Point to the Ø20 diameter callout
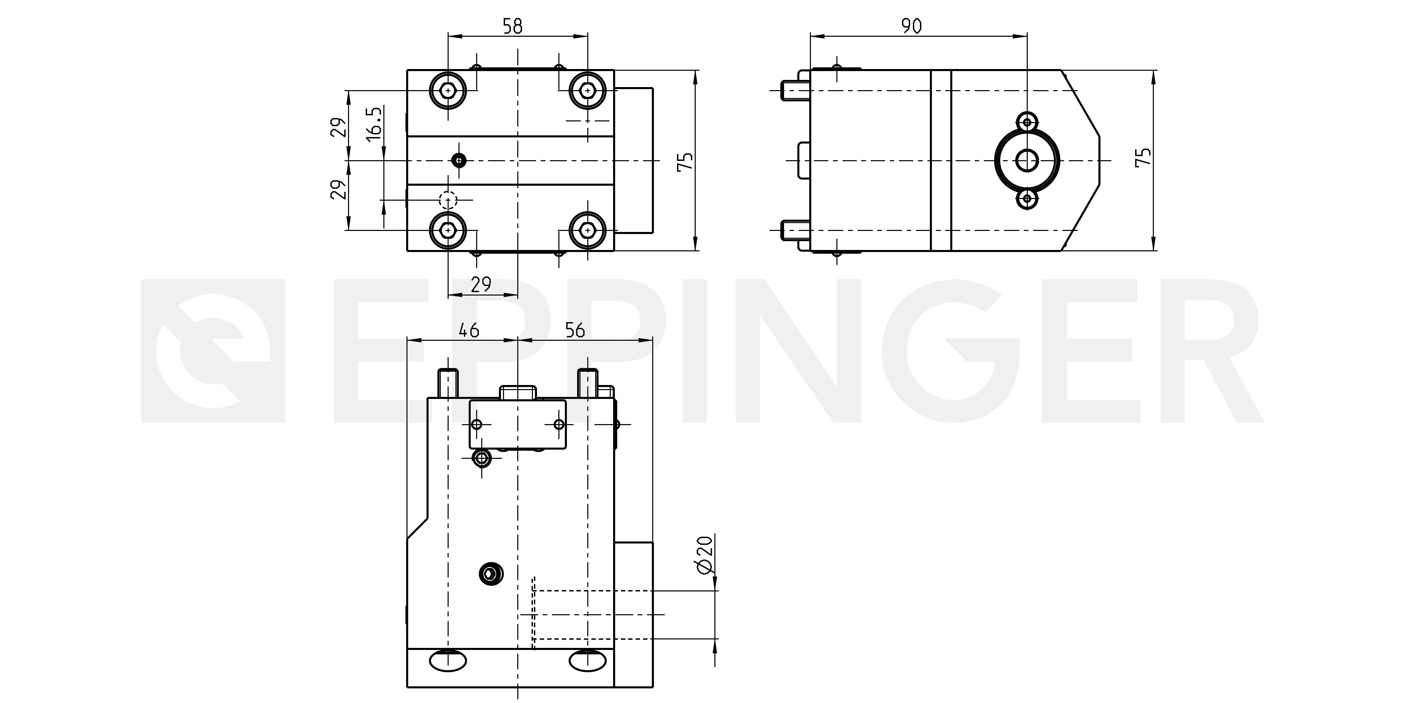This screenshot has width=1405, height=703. [x=704, y=554]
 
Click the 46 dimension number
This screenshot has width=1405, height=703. [x=469, y=330]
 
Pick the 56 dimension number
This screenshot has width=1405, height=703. [x=575, y=330]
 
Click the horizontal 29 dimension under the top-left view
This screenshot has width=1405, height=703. [x=481, y=284]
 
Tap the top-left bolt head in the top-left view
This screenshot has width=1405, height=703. [x=448, y=89]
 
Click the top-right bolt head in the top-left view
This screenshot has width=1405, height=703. [x=587, y=89]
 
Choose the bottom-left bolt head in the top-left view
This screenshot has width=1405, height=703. [x=448, y=230]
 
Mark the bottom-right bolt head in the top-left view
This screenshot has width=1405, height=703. [x=587, y=230]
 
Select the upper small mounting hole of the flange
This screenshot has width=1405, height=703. [x=1027, y=121]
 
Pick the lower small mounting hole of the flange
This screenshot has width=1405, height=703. [x=1027, y=199]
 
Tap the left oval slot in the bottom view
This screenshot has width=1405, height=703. [x=448, y=661]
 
